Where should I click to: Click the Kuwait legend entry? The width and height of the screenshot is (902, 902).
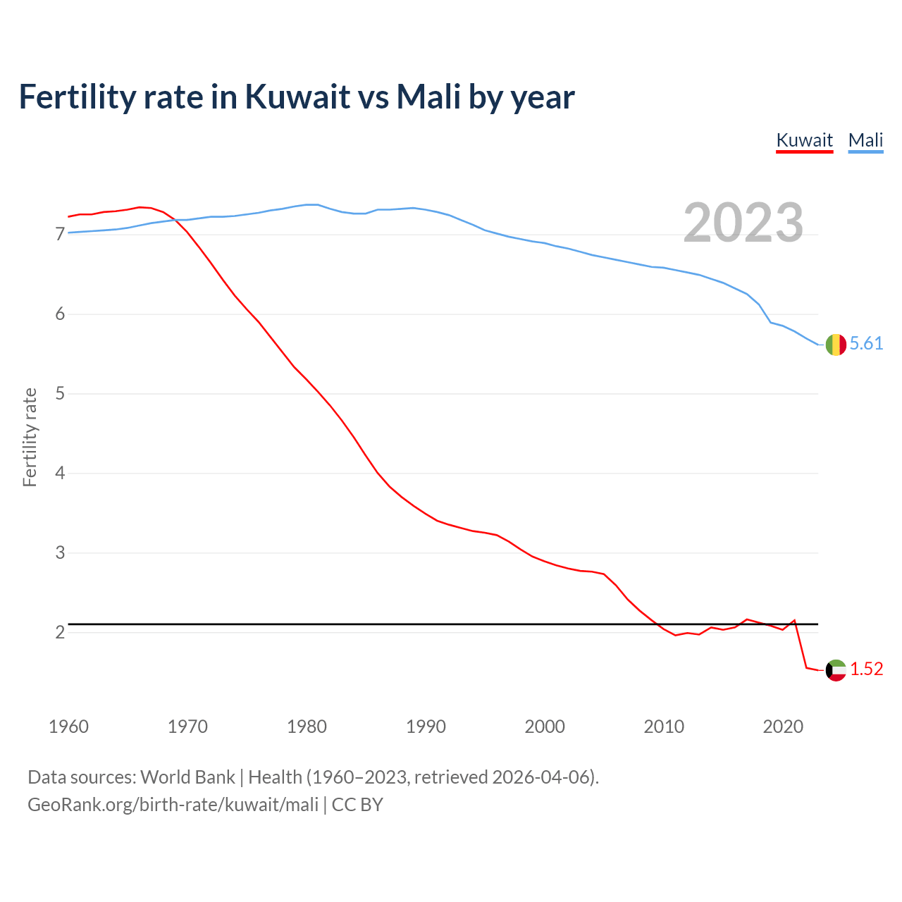[x=804, y=140]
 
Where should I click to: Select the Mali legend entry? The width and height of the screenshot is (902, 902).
[x=865, y=140]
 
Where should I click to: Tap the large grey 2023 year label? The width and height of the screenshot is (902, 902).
[x=743, y=223]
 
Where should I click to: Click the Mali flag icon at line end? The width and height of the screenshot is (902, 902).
[x=836, y=345]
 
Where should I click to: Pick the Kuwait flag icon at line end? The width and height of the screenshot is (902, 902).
[x=836, y=670]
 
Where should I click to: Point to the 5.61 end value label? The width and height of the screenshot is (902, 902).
[x=866, y=344]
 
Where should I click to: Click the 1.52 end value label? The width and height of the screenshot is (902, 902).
[x=866, y=669]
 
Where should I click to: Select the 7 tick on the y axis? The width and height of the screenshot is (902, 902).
[x=60, y=235]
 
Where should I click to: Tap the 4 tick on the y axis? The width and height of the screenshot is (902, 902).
[x=60, y=474]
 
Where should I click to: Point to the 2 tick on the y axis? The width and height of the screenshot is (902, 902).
[x=60, y=633]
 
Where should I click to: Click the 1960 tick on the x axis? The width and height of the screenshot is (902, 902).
[x=68, y=727]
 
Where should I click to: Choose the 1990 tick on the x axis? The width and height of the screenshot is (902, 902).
[x=426, y=727]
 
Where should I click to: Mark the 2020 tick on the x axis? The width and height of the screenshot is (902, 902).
[x=783, y=727]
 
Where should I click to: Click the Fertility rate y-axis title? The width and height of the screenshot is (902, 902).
[x=30, y=437]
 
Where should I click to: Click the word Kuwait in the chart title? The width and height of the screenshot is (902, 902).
[x=297, y=97]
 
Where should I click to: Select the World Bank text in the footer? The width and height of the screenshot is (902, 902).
[x=187, y=777]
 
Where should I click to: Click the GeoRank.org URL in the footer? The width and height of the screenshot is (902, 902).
[x=173, y=805]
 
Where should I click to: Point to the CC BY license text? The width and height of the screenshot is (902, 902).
[x=357, y=805]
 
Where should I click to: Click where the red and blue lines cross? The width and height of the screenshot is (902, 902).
[x=175, y=220]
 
